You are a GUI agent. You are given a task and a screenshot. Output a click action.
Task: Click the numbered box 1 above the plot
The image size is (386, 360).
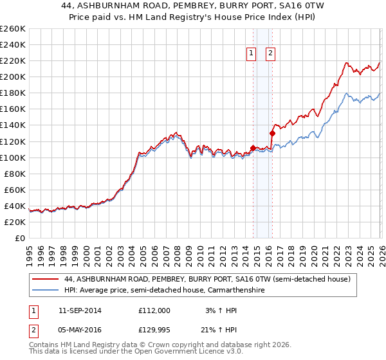pos(251,54)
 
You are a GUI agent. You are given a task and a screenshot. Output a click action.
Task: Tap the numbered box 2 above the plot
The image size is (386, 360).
pos(270,54)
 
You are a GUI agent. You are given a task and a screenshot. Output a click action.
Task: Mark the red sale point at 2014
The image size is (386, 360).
pos(253,148)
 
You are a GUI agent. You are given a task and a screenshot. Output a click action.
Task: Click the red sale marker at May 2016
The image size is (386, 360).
pos(272,134)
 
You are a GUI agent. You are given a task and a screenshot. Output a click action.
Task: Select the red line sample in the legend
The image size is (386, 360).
pos(46,280)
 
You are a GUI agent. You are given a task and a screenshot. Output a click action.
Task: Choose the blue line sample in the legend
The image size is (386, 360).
pos(46,291)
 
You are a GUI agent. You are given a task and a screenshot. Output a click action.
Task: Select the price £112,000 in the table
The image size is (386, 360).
pos(154,310)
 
